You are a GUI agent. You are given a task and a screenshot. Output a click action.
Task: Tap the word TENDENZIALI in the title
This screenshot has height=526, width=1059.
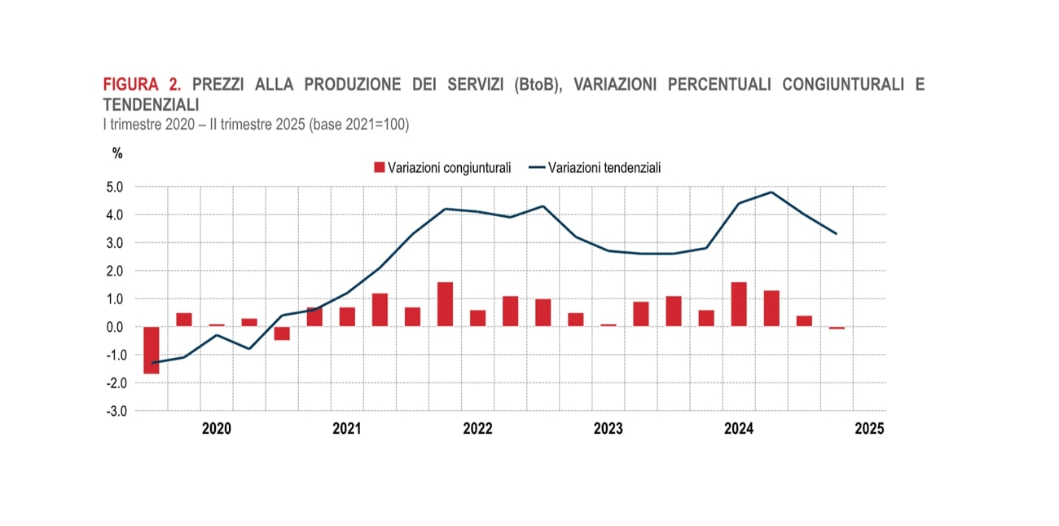click(x=151, y=104)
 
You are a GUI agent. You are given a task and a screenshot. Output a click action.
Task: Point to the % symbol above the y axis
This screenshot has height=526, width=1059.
click(x=117, y=152)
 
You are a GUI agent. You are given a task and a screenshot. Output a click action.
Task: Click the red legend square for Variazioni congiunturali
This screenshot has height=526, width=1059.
click(x=379, y=167)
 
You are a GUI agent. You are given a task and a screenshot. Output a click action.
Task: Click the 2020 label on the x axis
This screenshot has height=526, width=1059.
click(x=217, y=428)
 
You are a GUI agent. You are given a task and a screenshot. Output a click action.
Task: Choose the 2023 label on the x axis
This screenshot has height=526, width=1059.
click(x=609, y=428)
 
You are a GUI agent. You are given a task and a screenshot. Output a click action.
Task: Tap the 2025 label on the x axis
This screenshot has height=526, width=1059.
click(x=869, y=428)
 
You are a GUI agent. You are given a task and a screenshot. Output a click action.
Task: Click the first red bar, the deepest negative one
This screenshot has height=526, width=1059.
click(x=152, y=350)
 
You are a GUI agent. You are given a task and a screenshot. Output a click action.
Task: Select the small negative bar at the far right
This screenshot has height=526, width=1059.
click(x=837, y=328)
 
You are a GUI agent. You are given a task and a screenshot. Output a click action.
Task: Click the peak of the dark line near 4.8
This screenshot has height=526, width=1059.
click(x=771, y=192)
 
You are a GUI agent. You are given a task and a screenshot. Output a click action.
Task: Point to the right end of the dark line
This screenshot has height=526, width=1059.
click(x=837, y=234)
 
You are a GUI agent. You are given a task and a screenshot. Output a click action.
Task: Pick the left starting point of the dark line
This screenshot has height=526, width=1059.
click(x=152, y=363)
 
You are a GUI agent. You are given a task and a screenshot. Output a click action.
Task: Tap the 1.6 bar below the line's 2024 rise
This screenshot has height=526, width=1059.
click(x=739, y=304)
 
